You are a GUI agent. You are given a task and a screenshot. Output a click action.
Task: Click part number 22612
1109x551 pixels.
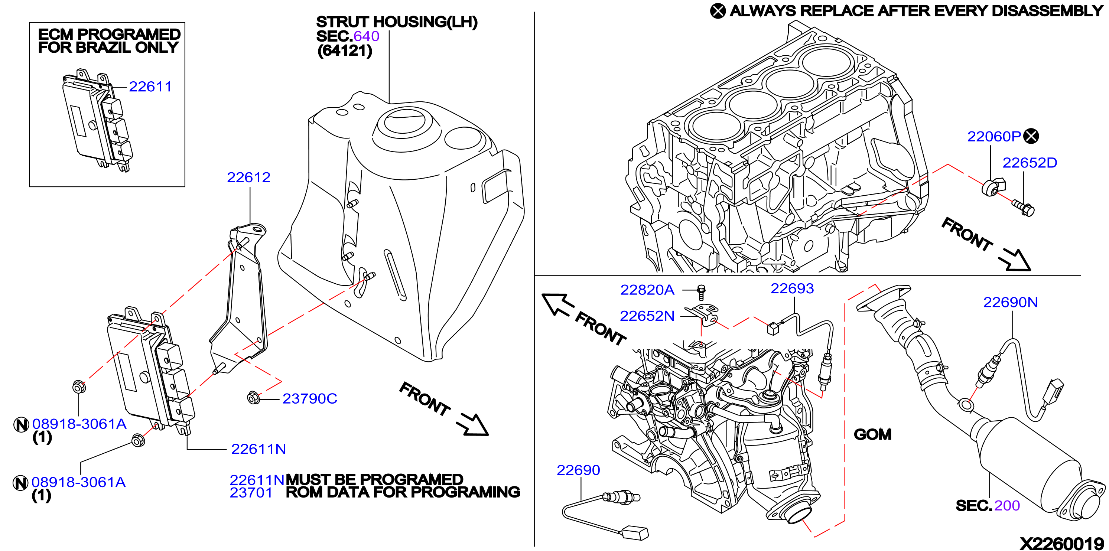(248, 177)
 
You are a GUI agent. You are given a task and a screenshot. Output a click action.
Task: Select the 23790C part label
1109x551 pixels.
(309, 399)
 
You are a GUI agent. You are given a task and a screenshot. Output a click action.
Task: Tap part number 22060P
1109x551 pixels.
(994, 137)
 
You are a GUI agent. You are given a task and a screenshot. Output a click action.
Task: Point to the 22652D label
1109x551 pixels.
(1030, 163)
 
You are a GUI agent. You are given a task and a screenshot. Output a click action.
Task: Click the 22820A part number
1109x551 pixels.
(647, 290)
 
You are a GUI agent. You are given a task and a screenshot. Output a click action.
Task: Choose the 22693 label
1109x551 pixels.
(792, 288)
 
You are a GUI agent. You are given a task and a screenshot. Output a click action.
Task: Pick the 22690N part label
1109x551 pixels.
(1011, 302)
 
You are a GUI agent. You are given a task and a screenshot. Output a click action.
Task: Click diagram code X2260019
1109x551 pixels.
(1061, 543)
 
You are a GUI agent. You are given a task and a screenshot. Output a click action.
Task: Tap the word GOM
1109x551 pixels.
(873, 434)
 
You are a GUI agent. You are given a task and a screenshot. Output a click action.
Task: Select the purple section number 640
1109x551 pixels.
(366, 36)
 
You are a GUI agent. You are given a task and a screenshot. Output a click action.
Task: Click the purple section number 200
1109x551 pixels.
(1007, 505)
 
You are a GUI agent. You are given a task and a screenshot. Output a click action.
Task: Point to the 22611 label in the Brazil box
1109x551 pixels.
(150, 87)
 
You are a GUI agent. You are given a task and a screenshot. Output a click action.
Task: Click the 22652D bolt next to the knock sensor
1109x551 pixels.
(1023, 208)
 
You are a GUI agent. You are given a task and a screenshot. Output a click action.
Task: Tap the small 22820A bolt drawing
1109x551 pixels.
(701, 292)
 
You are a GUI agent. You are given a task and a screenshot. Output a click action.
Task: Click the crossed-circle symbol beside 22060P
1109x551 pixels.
(1031, 137)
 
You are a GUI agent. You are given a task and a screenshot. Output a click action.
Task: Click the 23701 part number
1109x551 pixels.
(251, 492)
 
